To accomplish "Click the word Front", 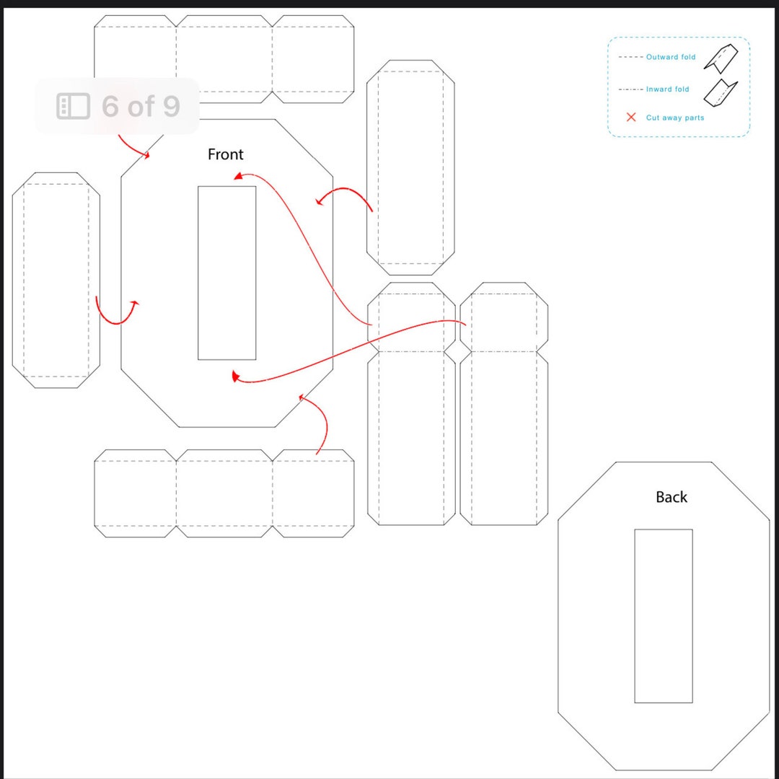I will click(x=225, y=154).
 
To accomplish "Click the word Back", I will click(x=671, y=497).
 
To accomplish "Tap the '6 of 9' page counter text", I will click(x=140, y=106).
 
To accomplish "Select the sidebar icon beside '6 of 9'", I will click(x=73, y=106).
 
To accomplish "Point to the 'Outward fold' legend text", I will click(x=671, y=57).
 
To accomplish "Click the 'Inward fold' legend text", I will click(x=667, y=89).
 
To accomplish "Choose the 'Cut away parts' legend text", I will click(x=674, y=118).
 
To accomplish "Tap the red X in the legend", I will click(x=631, y=117).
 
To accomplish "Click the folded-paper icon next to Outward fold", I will click(x=721, y=58).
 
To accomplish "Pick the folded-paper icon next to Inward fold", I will click(x=721, y=90).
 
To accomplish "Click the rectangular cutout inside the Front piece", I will click(x=226, y=273).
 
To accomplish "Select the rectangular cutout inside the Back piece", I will click(x=663, y=616).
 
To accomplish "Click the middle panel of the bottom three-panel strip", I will click(x=224, y=493).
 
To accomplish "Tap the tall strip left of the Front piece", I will click(x=56, y=280).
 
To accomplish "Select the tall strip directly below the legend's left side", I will click(x=410, y=167).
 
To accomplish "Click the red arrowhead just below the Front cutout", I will click(x=234, y=375).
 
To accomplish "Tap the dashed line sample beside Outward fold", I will click(x=630, y=57).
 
